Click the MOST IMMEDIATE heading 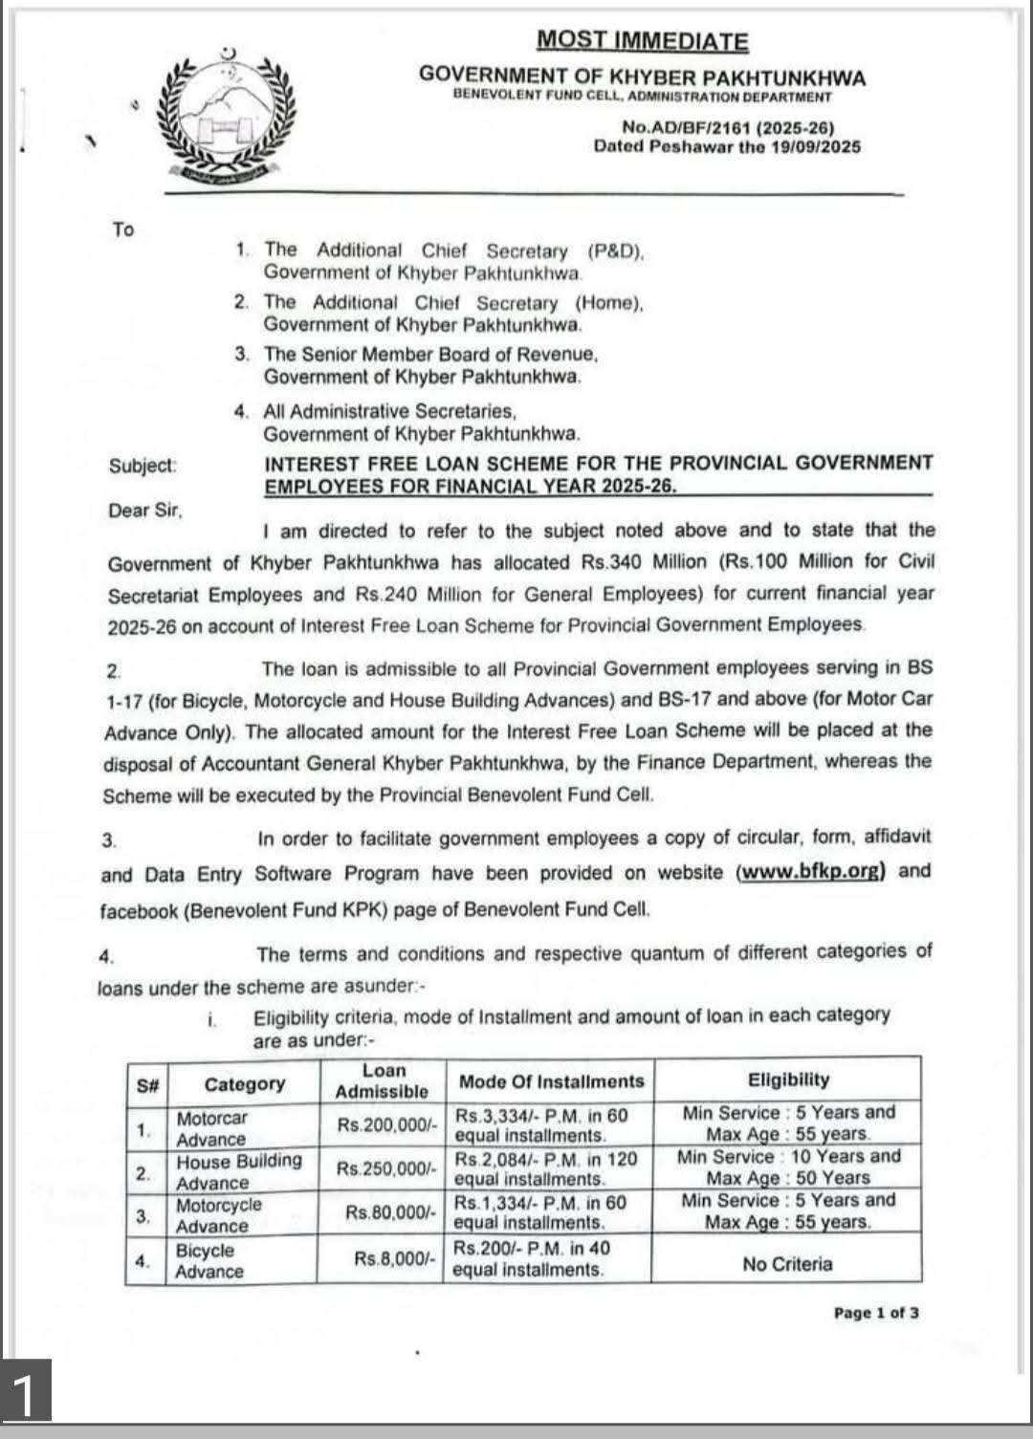642,40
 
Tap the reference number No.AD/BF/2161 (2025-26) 728,127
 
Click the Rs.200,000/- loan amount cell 386,1125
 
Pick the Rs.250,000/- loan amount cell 386,1168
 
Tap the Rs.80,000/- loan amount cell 391,1212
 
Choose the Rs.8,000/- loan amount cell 395,1258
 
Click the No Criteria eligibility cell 787,1264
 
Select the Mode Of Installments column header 552,1081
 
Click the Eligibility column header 788,1079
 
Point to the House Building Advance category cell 238,1171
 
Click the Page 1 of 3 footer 876,1313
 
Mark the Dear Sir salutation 144,511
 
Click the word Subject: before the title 143,467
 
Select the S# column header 147,1085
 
